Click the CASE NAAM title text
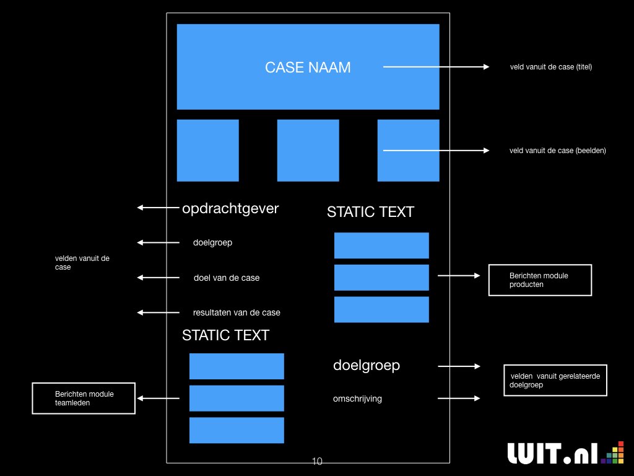click(308, 68)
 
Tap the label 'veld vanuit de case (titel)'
click(550, 67)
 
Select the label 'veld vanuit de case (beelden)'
click(557, 150)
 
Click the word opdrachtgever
click(230, 208)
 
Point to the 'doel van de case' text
click(226, 278)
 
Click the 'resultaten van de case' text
click(236, 312)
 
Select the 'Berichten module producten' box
click(540, 280)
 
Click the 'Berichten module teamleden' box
click(84, 398)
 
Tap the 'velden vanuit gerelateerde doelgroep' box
click(555, 381)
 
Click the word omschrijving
click(357, 399)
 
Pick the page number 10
click(317, 461)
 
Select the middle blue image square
click(308, 151)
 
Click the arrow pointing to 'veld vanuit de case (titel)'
click(436, 67)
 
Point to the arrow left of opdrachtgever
click(158, 208)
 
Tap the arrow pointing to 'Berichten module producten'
click(459, 276)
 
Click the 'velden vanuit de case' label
click(82, 263)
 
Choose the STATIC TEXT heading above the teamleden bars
click(225, 335)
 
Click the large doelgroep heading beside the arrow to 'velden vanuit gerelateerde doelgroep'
click(367, 366)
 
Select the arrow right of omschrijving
click(459, 399)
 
